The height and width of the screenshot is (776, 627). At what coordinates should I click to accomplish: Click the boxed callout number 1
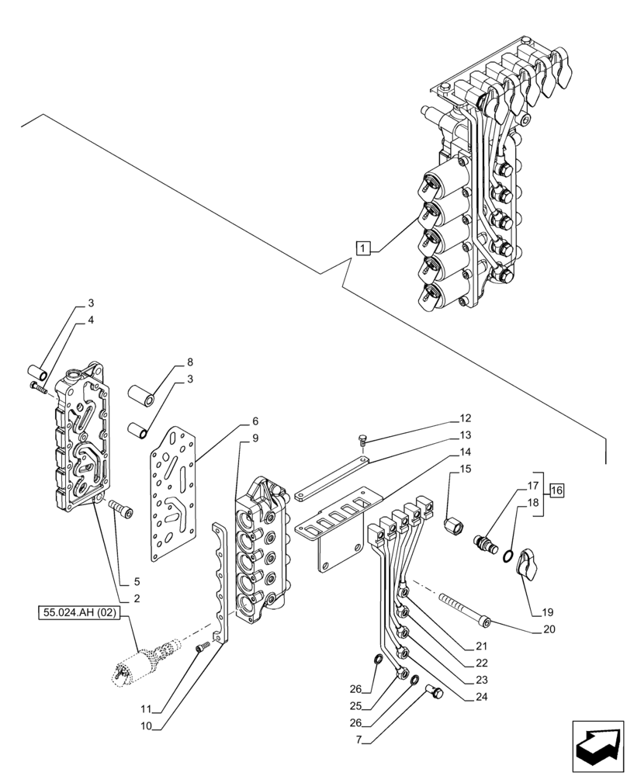pos(363,248)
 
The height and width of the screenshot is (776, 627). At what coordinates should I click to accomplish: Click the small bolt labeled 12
pos(362,441)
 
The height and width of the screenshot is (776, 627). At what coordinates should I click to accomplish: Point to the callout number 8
pos(189,362)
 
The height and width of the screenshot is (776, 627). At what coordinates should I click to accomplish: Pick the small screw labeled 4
pos(36,386)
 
